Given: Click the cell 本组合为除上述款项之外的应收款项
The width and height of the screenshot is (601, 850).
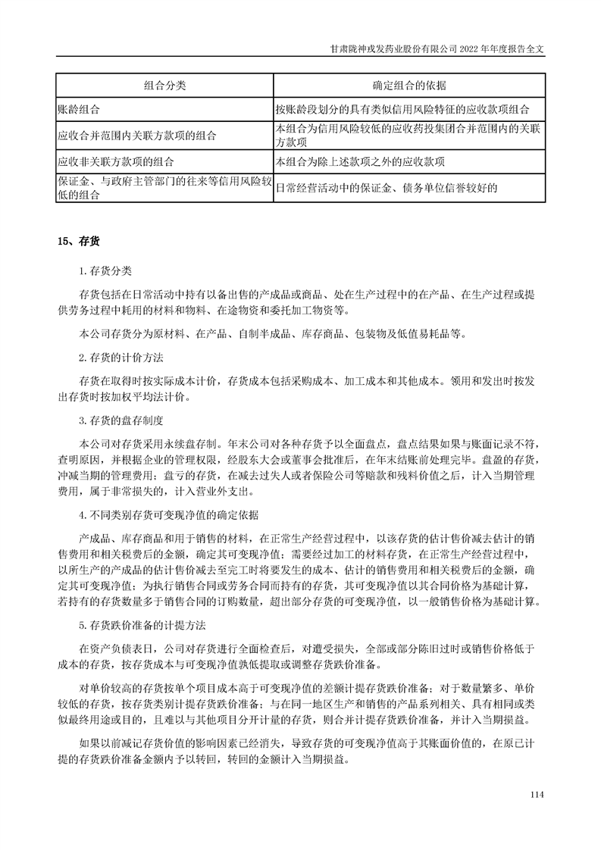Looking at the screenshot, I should point(361,161).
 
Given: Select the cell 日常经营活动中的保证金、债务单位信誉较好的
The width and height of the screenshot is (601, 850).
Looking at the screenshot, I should point(387,188).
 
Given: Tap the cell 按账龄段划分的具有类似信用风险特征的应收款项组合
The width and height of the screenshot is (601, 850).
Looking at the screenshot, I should point(408,109).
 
